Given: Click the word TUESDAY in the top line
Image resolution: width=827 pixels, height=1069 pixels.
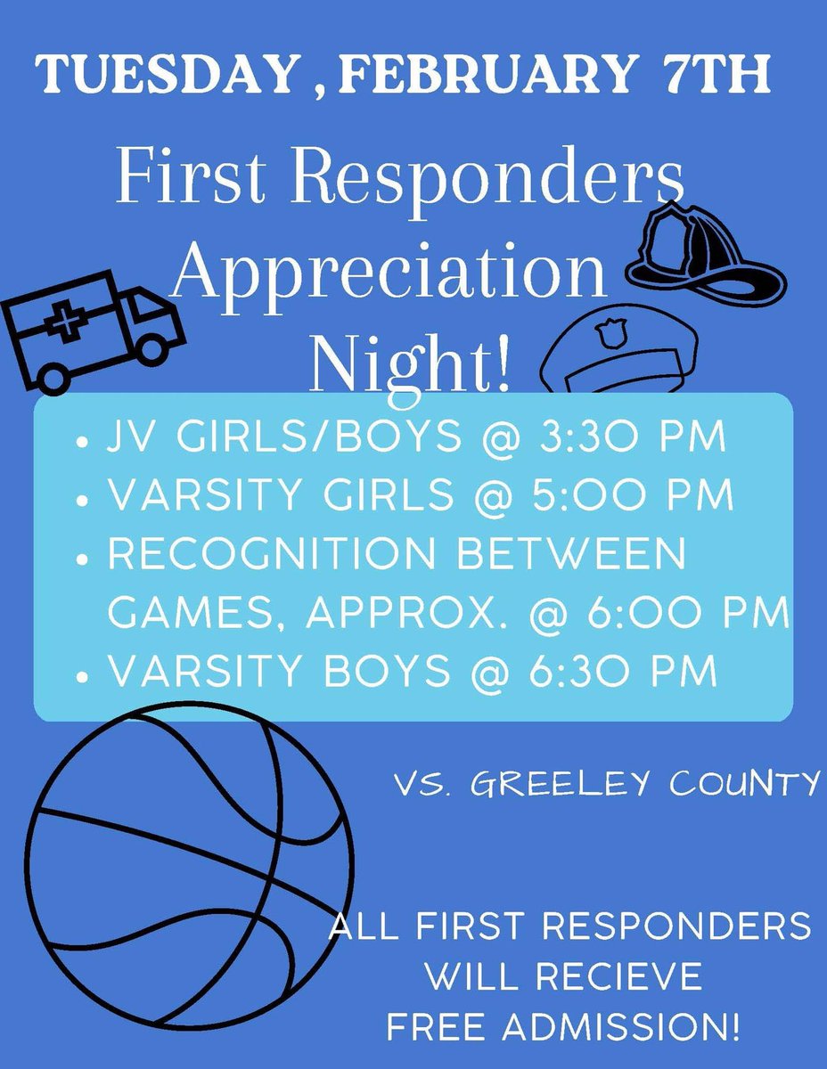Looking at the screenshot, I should click(164, 76).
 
